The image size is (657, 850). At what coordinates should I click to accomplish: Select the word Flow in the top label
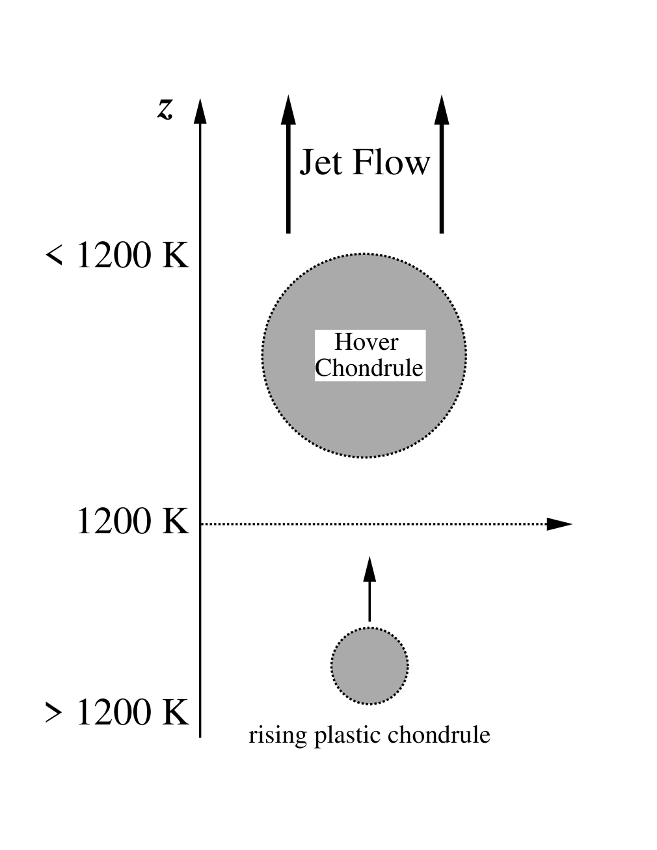point(392,163)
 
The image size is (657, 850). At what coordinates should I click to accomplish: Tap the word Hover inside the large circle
point(366,342)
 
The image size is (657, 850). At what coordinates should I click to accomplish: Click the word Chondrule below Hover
point(369,368)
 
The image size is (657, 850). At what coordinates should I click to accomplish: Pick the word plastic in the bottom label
point(348,736)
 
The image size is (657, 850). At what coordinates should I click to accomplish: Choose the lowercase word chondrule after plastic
point(438,736)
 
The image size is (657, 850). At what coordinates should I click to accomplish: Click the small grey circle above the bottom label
point(369,665)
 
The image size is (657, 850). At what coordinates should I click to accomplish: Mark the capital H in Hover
point(343,342)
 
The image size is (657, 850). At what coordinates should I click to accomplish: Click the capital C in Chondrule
point(323,368)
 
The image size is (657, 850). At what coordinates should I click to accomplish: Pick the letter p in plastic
point(321,737)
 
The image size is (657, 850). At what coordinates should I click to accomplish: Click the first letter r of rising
point(253,736)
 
